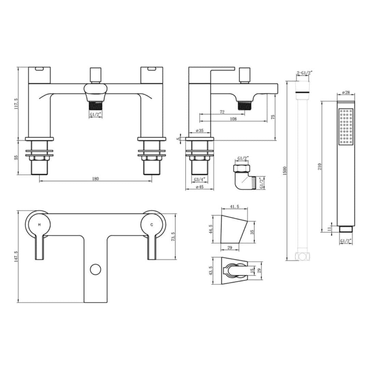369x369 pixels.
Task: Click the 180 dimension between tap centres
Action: [x=95, y=179]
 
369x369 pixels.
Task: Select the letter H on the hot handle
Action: [x=39, y=224]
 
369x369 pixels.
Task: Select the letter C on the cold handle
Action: [x=152, y=224]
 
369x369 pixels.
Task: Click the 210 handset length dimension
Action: [x=320, y=166]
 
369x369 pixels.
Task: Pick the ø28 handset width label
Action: [x=345, y=93]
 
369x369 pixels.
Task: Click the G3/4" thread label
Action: [x=199, y=179]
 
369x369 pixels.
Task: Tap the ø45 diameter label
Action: [x=199, y=187]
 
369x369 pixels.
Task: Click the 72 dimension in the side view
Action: [x=222, y=112]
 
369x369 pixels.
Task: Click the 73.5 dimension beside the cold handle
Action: [x=173, y=236]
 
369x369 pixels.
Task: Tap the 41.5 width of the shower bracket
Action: [x=234, y=207]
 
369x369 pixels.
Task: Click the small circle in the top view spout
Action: [x=96, y=269]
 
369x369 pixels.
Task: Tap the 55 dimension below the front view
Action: [x=16, y=158]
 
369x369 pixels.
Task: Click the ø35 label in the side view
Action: [x=200, y=131]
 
